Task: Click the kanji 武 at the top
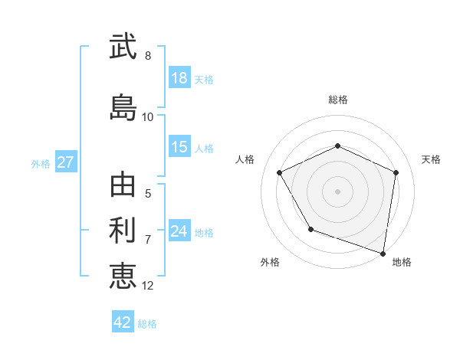tap(123, 47)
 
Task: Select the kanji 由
tap(123, 186)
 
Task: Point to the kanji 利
tap(123, 230)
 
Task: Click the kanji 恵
tap(123, 275)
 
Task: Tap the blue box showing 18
tap(179, 78)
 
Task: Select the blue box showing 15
tap(179, 147)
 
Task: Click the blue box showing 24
tap(179, 231)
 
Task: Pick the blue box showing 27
tap(65, 162)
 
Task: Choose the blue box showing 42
tap(123, 322)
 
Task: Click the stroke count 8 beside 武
tap(148, 56)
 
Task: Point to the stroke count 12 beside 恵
tap(148, 285)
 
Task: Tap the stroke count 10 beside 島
tap(148, 117)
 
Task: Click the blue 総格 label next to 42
tap(147, 324)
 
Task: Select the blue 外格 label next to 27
tap(41, 163)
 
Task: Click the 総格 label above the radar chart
tap(338, 100)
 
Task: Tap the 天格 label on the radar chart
tap(431, 159)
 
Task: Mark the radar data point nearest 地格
tap(383, 252)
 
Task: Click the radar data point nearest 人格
tap(280, 173)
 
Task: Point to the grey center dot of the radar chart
tap(338, 191)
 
